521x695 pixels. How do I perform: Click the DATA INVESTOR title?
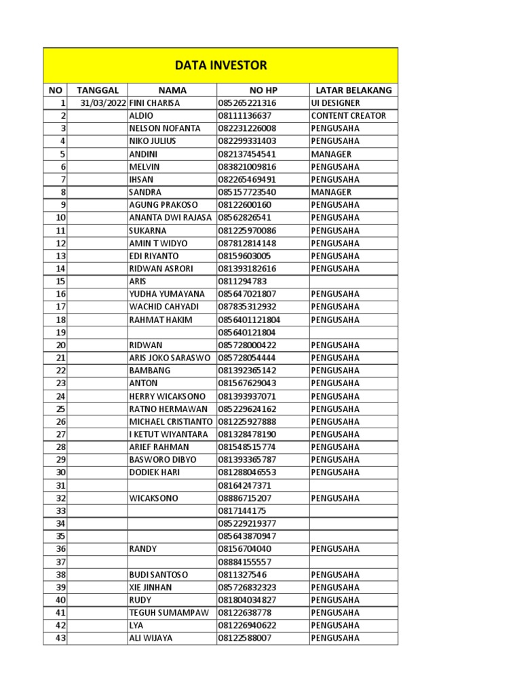tap(220, 66)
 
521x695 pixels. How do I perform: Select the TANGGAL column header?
tap(98, 90)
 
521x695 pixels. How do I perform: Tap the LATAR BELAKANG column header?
tap(353, 90)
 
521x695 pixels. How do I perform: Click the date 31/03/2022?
tap(102, 103)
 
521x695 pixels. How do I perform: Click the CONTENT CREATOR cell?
tap(348, 115)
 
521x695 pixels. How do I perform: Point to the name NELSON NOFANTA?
tap(164, 128)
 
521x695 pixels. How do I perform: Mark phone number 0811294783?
tap(242, 282)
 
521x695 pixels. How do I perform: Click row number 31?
tap(60, 486)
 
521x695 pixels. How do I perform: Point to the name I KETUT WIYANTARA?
tap(169, 434)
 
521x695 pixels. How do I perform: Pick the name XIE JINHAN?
tap(150, 588)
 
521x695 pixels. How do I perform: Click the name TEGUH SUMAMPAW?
tap(168, 613)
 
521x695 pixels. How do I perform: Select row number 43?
tap(60, 639)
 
